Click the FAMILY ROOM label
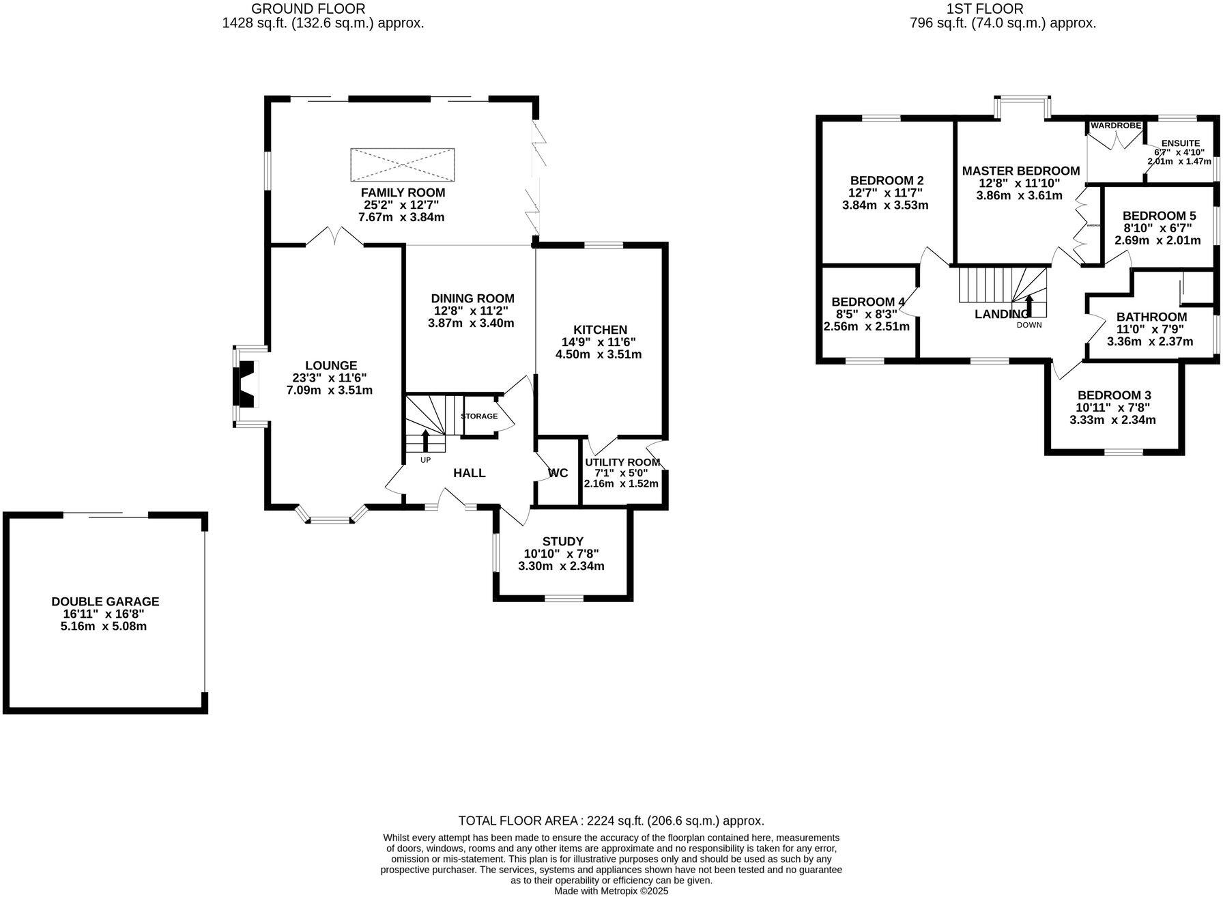coord(403,193)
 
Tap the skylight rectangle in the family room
coord(403,165)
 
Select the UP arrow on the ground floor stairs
coord(426,440)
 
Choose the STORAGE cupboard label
coord(479,416)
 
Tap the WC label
coord(558,473)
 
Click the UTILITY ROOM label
coord(622,462)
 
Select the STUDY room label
coord(562,541)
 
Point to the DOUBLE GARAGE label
coord(105,601)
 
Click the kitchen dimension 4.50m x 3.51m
coord(599,354)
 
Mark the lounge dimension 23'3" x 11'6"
coord(330,378)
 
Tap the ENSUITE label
coord(1180,143)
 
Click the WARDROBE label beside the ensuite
coord(1116,126)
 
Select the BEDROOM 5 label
coord(1159,216)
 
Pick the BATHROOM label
coord(1151,317)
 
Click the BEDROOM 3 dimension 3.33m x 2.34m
coord(1112,420)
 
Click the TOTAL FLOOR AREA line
coord(611,821)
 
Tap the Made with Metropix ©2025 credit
coord(611,891)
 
